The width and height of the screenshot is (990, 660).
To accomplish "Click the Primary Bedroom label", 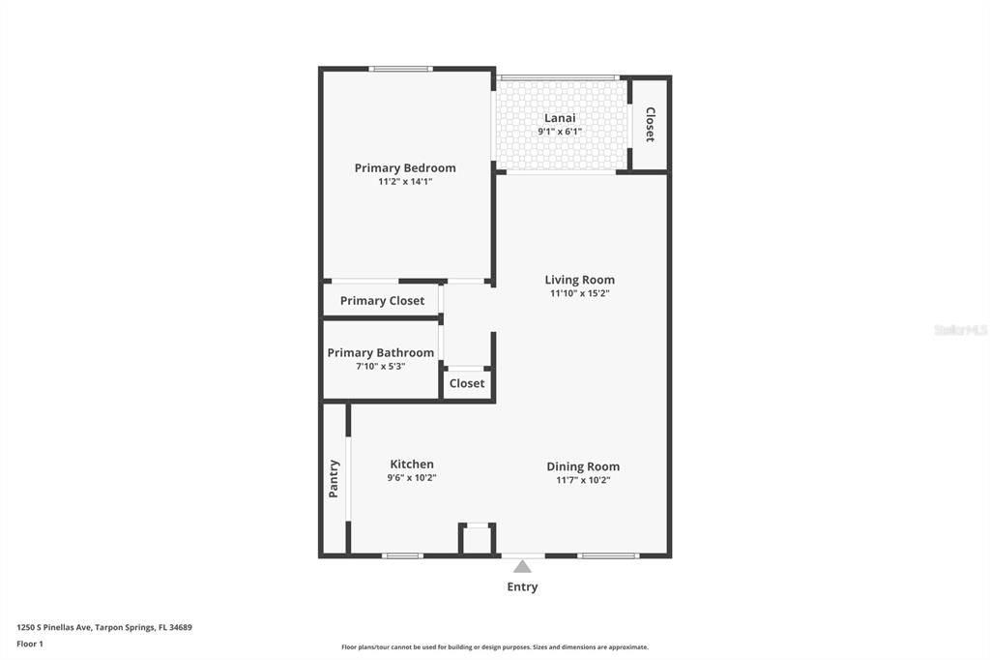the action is [405, 168].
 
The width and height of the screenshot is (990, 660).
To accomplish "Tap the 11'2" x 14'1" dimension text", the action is [405, 181].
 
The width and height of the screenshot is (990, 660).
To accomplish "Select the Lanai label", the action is [560, 118].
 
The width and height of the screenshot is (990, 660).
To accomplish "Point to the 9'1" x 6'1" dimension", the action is [560, 132].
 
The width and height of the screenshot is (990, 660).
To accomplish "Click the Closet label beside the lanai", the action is [650, 124].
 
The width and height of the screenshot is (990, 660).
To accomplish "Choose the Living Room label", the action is [580, 280].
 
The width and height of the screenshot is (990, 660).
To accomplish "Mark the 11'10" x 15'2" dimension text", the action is [580, 293].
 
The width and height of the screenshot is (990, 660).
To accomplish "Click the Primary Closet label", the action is [382, 301].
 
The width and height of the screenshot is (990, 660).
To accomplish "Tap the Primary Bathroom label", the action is [380, 353].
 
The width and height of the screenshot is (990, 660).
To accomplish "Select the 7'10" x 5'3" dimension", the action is [380, 366].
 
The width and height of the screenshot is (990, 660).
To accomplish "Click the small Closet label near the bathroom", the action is [467, 384].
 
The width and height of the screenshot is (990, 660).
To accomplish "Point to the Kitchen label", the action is [412, 464].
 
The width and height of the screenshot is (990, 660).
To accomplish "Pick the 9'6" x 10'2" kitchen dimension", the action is [412, 478].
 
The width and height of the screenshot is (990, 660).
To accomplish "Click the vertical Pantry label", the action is [334, 479].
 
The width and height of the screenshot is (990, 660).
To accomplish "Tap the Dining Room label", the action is [583, 466].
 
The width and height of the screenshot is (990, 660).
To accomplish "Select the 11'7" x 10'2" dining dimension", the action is [583, 480].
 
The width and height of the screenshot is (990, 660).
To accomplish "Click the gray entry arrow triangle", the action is [522, 566].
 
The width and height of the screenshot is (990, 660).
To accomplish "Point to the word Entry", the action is [522, 586].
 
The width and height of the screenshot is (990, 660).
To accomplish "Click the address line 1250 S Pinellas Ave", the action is [104, 628].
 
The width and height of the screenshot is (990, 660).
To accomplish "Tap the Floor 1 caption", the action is [30, 645].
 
